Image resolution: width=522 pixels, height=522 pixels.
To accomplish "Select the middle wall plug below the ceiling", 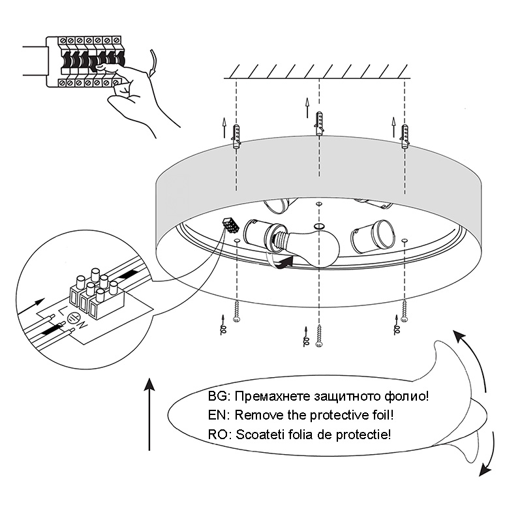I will (x=318, y=123).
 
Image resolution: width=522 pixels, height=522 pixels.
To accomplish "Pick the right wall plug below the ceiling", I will (x=405, y=136).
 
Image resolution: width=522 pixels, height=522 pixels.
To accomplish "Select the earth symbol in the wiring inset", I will (x=73, y=318).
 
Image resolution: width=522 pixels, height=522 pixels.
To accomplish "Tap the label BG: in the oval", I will (x=219, y=396).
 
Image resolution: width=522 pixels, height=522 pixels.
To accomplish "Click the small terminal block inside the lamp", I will (x=229, y=223).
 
